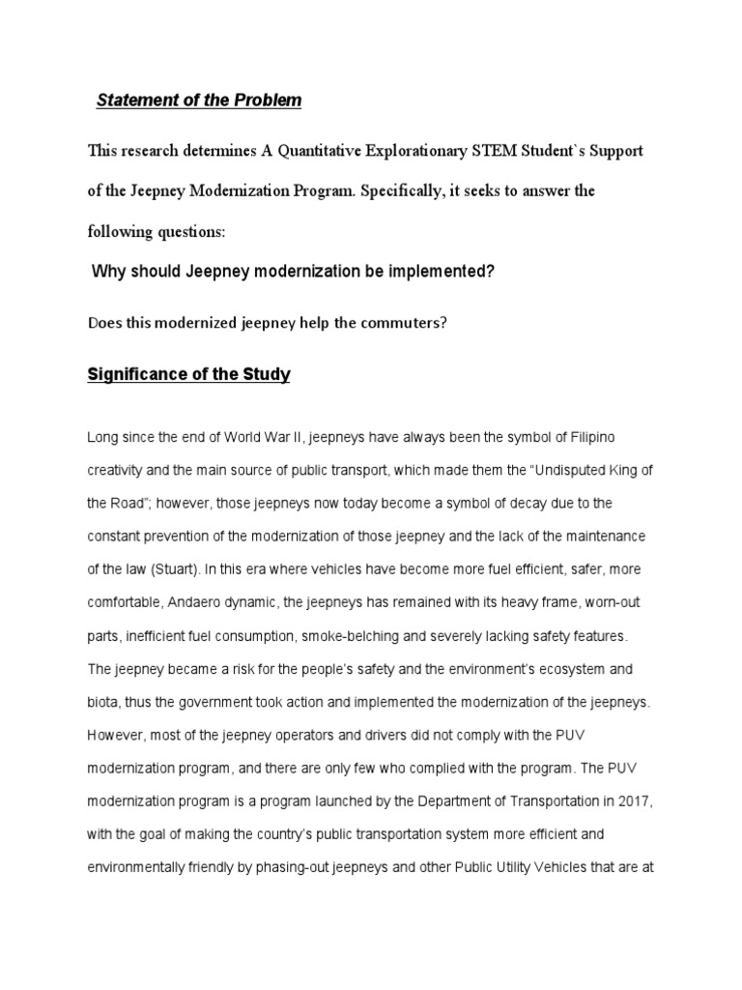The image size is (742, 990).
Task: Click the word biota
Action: (x=103, y=701)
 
